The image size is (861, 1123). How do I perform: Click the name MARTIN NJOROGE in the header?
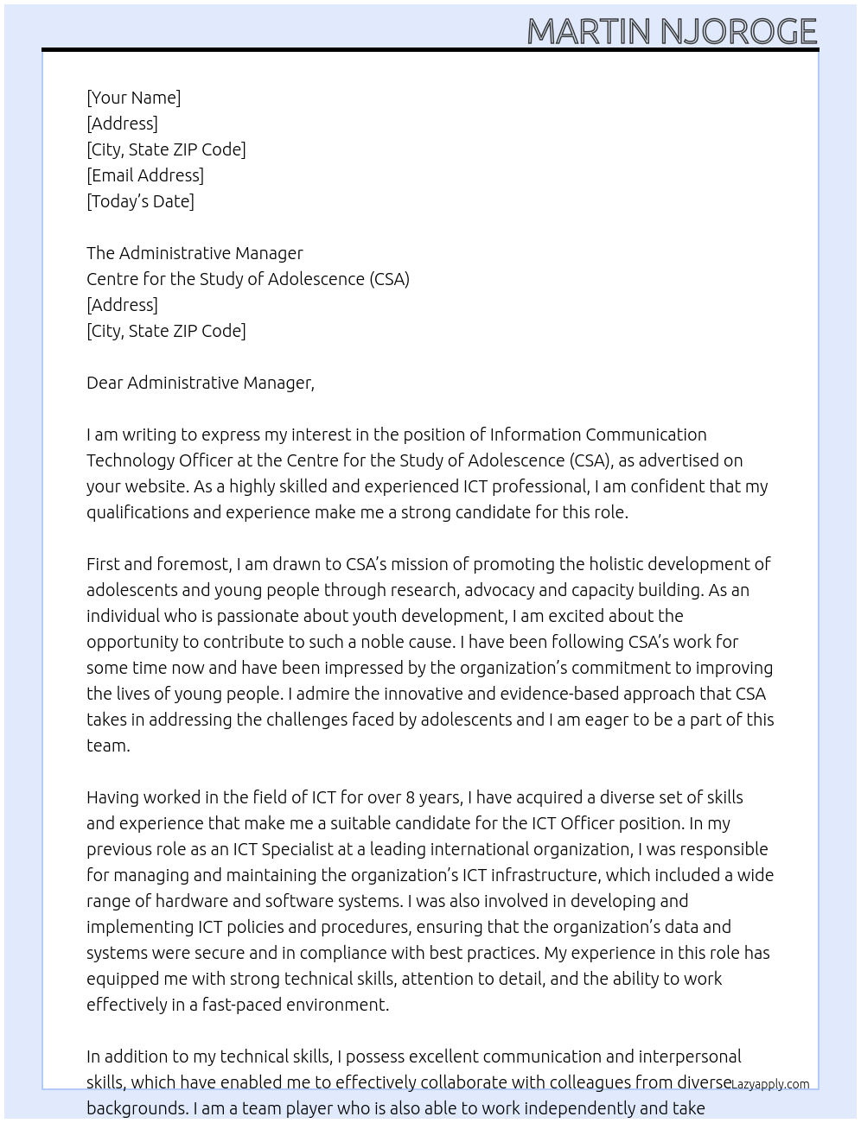coord(672,31)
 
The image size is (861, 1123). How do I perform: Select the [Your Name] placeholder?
coord(133,98)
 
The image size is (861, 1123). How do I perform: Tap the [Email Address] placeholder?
coord(145,175)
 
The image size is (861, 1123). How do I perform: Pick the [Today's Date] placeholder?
coord(140,201)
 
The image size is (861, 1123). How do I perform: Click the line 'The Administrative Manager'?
coord(195,253)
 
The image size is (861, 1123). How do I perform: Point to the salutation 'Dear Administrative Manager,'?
coord(201,383)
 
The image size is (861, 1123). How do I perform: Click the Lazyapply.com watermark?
coord(770,1084)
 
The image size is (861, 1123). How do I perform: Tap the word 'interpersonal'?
coord(690,1056)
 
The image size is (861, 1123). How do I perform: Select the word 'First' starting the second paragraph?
coord(103,564)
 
